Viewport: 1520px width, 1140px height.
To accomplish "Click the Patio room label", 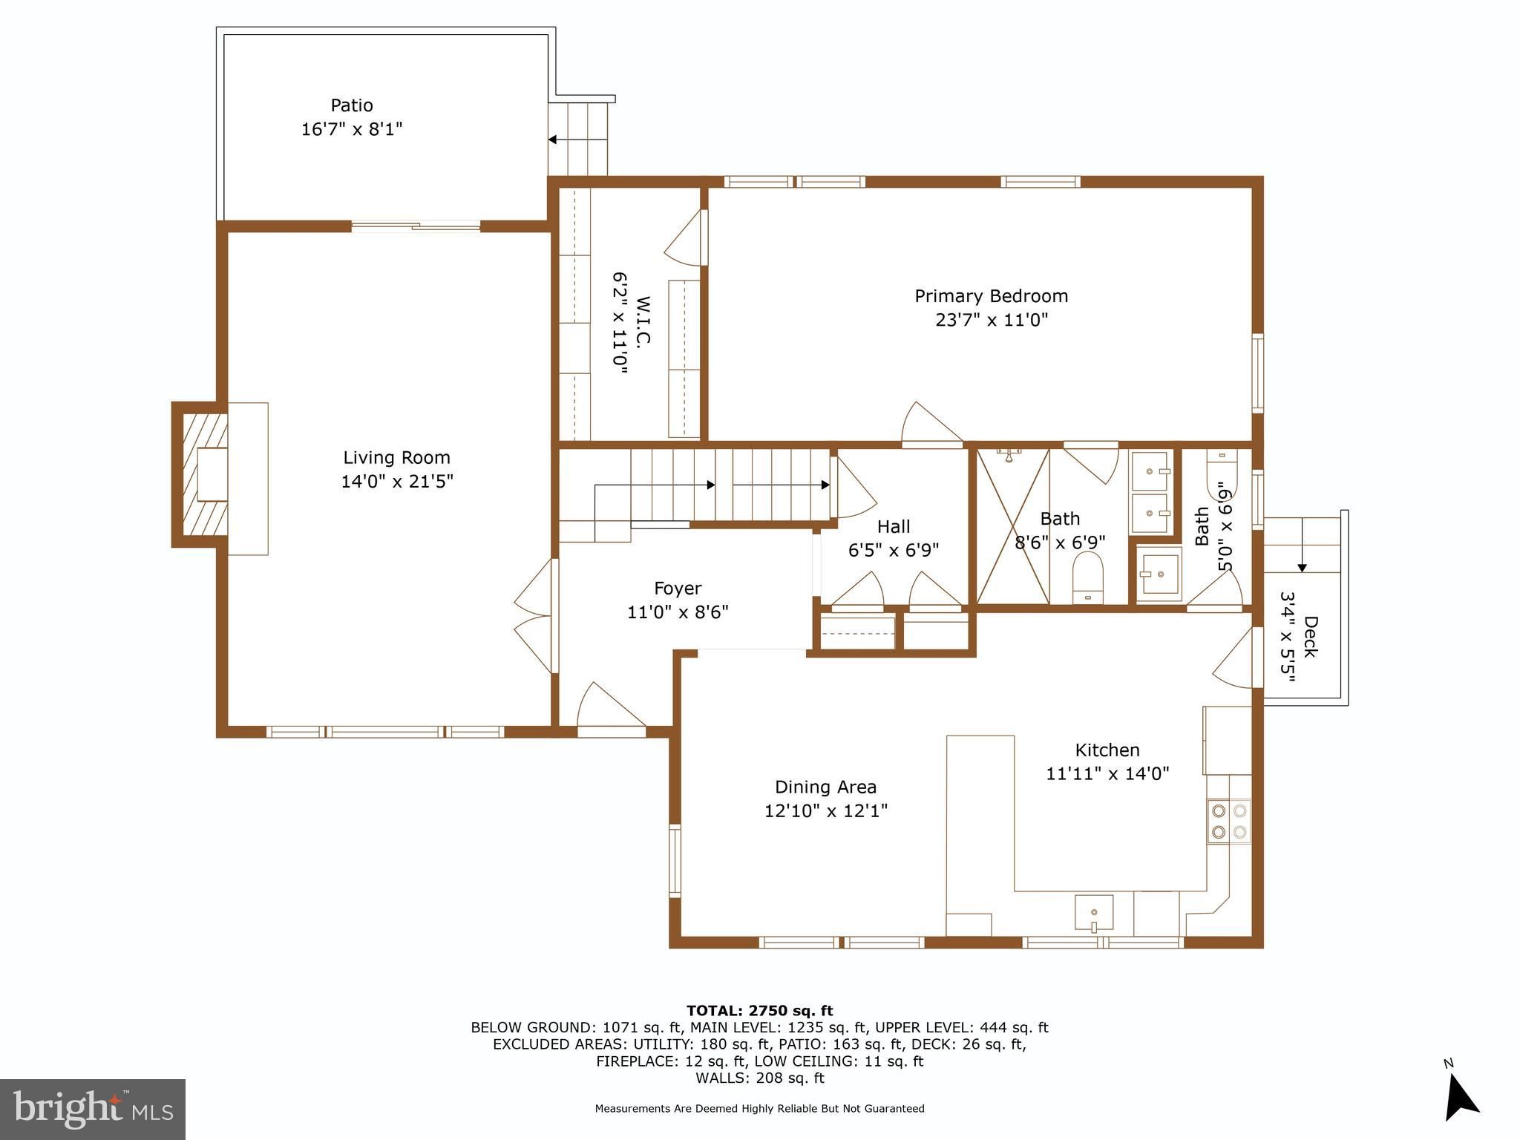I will point(352,105).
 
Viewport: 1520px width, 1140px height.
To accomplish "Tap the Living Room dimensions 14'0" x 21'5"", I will point(397,482).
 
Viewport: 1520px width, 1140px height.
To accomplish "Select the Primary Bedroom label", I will point(991,296).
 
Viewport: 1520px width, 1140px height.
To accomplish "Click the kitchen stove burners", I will point(1228,821).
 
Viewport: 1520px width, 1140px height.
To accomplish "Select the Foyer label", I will point(678,589).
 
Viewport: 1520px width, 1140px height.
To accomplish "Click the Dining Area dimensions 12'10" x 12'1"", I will point(826,810).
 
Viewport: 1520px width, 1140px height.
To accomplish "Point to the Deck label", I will point(1311,637).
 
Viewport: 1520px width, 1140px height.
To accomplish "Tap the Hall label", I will point(893,527).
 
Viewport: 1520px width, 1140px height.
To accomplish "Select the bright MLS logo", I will point(93,1110).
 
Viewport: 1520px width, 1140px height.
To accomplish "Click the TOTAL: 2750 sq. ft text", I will point(759,1011).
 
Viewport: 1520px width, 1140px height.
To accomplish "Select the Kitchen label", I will point(1107,750).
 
